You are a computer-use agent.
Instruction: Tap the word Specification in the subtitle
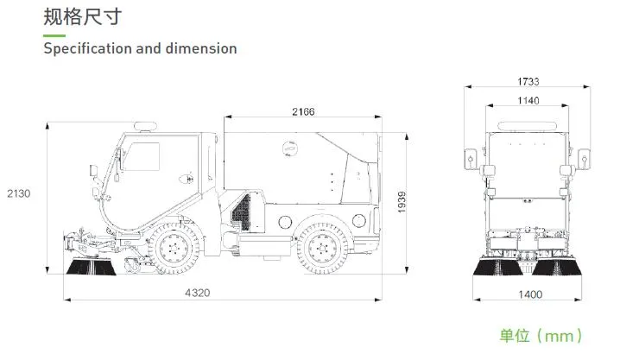click(x=87, y=48)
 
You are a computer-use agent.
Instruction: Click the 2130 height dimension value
click(x=18, y=193)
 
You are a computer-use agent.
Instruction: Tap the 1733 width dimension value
click(x=528, y=82)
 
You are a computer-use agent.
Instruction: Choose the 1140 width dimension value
click(x=528, y=101)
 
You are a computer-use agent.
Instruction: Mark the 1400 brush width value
click(x=530, y=294)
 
